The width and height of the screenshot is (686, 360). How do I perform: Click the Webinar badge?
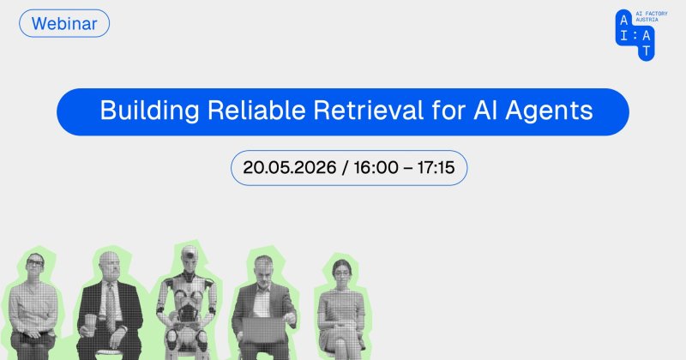(64, 24)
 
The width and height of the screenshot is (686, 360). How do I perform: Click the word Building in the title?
(149, 111)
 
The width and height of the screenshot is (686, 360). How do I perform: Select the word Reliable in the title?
(256, 111)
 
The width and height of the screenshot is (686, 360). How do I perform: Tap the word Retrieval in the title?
(369, 111)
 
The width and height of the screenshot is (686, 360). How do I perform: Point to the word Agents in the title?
(550, 111)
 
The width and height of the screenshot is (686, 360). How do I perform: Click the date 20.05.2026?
(290, 167)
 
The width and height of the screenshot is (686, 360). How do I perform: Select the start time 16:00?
(376, 167)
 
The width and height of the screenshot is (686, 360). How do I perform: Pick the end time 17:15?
(436, 167)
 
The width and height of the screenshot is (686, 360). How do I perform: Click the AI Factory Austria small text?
(652, 16)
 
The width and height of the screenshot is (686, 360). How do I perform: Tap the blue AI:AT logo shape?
(635, 35)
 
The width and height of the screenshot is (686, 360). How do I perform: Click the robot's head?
(190, 259)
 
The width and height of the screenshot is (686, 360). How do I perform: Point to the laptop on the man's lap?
(263, 330)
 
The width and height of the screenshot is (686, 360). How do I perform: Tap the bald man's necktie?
(111, 305)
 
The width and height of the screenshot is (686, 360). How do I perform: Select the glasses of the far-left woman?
(35, 263)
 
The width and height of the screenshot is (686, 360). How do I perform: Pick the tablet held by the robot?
(187, 314)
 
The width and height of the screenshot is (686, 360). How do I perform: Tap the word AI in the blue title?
(485, 111)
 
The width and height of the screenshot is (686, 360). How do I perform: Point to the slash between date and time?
(346, 167)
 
